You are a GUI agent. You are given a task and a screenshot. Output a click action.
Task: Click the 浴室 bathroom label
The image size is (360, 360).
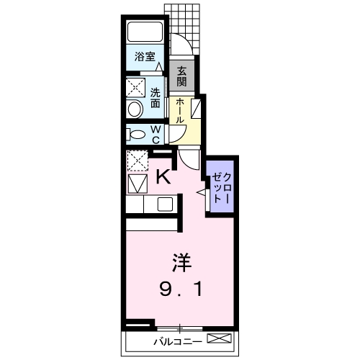(x=145, y=56)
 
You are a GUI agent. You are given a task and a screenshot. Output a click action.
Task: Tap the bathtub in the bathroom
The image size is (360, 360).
(x=145, y=32)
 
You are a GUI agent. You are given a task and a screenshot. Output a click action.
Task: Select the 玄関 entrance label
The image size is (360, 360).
(x=181, y=76)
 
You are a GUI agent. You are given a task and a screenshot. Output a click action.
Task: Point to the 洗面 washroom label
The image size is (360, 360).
(x=156, y=98)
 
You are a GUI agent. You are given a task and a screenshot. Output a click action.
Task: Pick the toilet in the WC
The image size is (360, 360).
(x=136, y=134)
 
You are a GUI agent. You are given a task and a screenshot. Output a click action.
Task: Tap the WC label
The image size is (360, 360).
(x=156, y=135)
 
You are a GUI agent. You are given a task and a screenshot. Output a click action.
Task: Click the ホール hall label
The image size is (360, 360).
(x=180, y=111)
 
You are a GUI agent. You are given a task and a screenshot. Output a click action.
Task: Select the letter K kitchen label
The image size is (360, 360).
(x=163, y=176)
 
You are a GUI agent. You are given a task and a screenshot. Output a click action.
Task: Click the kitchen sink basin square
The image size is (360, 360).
(x=165, y=204)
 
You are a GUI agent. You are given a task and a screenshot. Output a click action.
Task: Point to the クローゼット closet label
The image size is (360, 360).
(x=222, y=189)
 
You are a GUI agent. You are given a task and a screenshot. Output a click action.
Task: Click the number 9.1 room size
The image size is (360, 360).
(x=181, y=289)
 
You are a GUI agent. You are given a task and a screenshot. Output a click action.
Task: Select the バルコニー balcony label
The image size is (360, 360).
(x=178, y=341)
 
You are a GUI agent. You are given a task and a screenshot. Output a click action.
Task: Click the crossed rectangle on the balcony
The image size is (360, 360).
(x=220, y=338)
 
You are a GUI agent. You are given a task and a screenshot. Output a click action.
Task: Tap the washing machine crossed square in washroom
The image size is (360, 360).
(x=136, y=88)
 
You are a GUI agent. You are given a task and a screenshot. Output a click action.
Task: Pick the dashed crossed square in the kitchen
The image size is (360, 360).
(x=138, y=161)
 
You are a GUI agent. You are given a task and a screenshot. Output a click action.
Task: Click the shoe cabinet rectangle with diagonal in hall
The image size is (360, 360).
(x=196, y=109)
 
